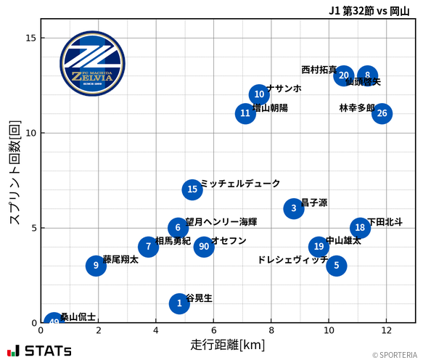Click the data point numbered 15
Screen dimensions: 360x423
(192, 189)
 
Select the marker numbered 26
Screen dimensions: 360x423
(382, 113)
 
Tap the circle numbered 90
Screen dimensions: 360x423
(204, 246)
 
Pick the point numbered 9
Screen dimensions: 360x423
(96, 266)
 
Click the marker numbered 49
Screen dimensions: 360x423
(54, 322)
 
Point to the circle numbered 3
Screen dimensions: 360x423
(293, 209)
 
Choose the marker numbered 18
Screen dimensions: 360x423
(360, 228)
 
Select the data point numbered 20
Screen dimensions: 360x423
(344, 75)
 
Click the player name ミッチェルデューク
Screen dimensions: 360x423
(240, 184)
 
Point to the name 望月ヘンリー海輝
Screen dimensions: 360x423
(221, 222)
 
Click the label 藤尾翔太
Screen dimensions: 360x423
(120, 259)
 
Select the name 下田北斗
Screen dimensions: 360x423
(385, 222)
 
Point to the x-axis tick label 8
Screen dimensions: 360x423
(271, 330)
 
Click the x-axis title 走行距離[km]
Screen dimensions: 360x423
(228, 344)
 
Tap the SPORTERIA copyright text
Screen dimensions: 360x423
(396, 355)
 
